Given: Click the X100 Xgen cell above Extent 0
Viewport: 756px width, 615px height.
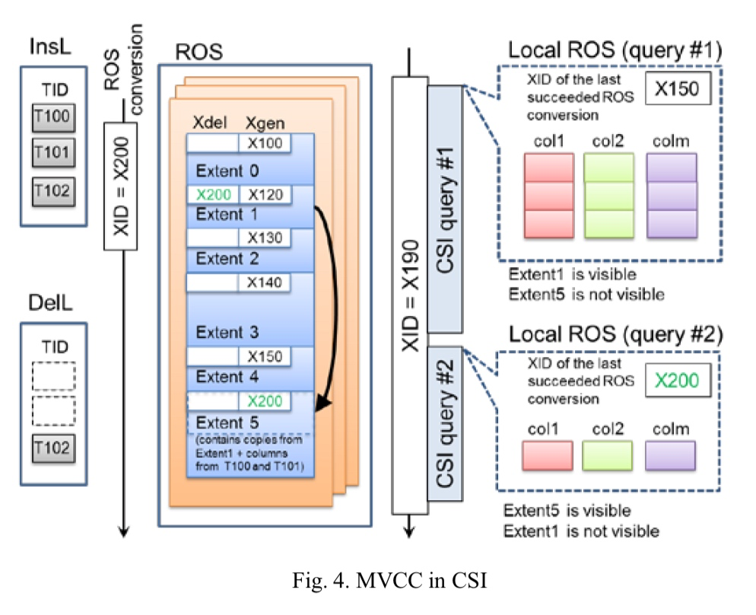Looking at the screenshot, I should pos(264,144).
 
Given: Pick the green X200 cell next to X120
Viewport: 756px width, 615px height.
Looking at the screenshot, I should pos(212,195).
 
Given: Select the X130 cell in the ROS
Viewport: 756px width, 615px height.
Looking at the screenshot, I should pos(264,238).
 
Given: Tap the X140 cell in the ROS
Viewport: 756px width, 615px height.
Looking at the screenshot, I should pos(264,282).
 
